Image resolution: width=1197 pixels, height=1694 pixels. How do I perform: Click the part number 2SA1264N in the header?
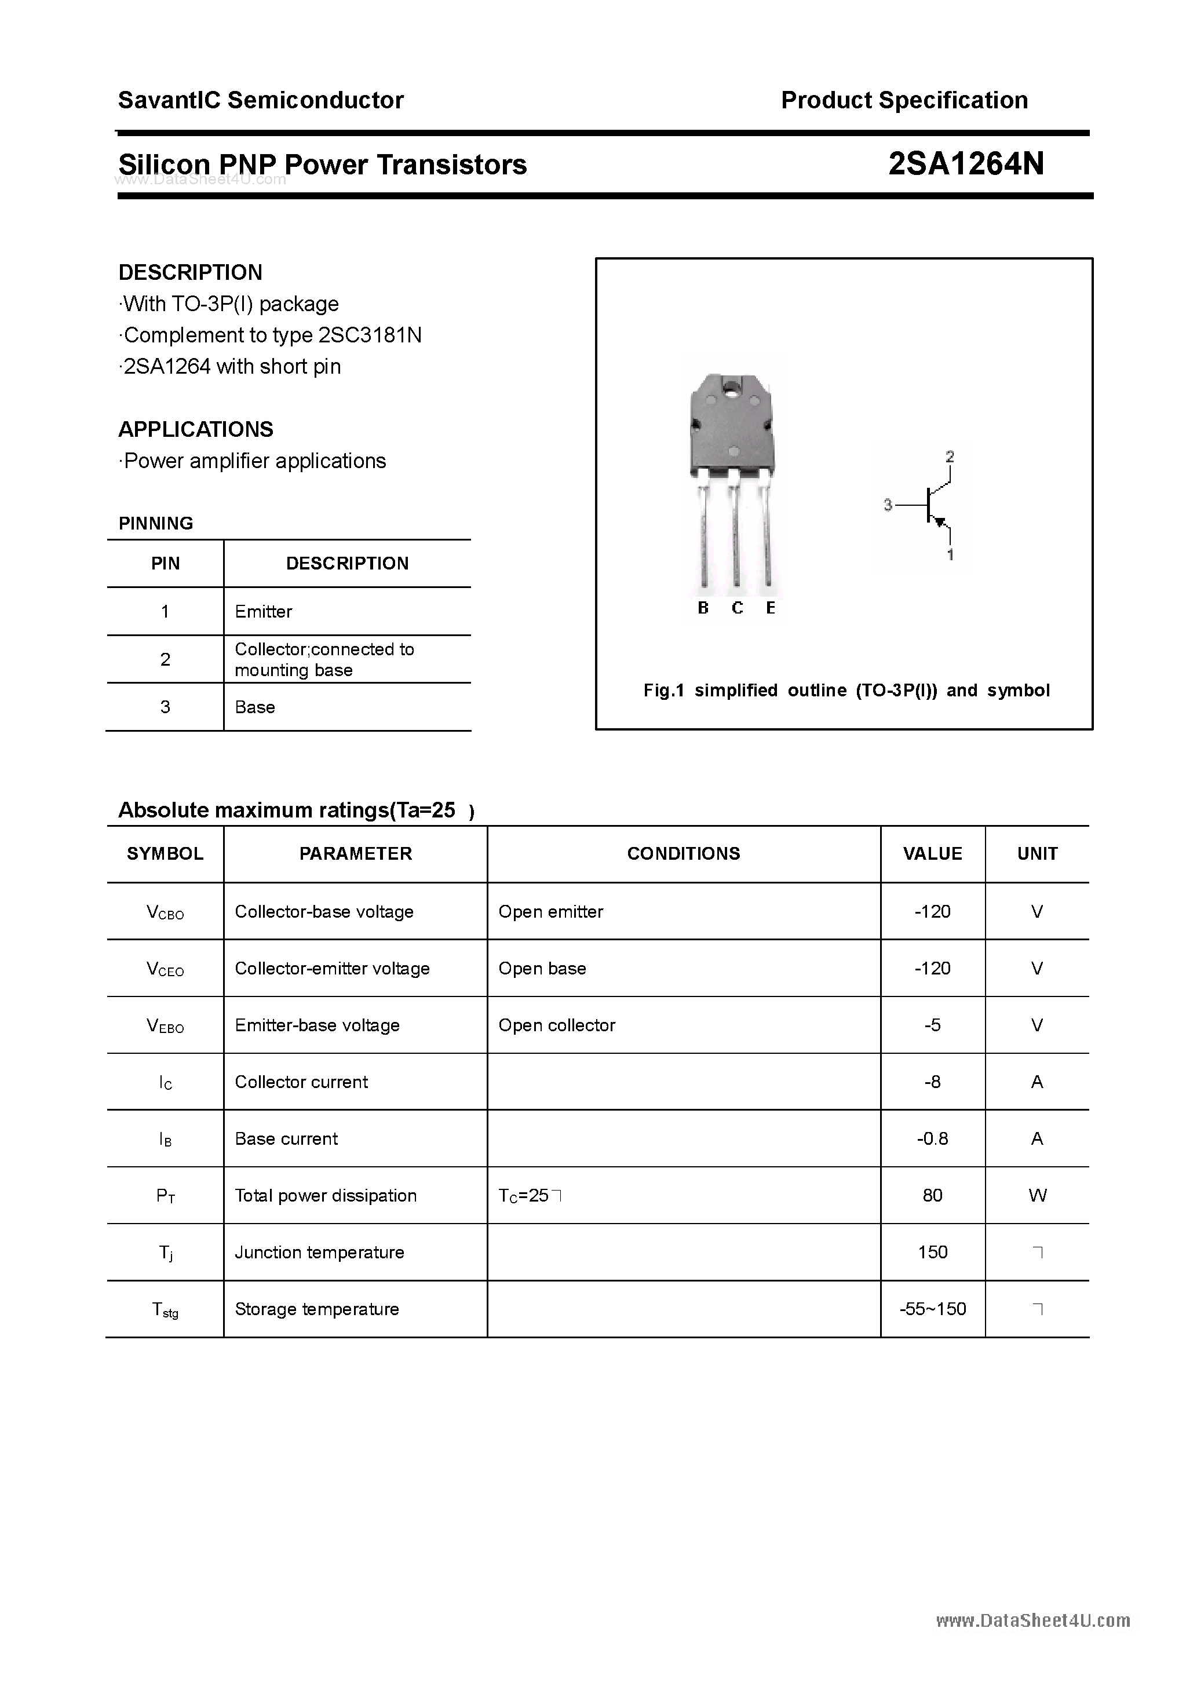(x=965, y=164)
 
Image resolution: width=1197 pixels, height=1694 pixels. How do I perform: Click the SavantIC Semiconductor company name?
(x=261, y=100)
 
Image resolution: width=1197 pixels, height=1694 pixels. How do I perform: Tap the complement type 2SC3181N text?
(x=370, y=335)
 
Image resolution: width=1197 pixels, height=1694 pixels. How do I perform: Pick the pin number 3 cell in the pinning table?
(x=165, y=707)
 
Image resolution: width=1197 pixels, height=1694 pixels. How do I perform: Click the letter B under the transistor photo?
(x=703, y=608)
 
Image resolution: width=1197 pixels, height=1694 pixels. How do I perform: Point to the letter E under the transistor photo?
(x=771, y=608)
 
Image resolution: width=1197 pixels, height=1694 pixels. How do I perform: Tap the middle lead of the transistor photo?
(x=735, y=539)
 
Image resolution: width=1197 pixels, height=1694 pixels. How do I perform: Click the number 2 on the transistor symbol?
(x=950, y=457)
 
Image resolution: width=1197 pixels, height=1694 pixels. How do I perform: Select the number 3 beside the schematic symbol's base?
(x=888, y=505)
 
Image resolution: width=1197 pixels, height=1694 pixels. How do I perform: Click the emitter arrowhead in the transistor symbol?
(x=940, y=523)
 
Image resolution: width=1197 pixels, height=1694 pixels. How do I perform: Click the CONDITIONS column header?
(x=683, y=853)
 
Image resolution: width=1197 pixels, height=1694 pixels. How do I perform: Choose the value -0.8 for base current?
(x=932, y=1138)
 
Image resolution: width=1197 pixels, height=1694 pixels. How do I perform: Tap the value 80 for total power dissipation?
(x=932, y=1195)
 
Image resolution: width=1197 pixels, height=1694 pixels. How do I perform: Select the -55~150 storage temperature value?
(x=932, y=1309)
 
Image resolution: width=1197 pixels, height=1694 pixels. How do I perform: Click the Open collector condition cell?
(x=556, y=1025)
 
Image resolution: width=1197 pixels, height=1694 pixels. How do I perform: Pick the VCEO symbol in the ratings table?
(x=165, y=969)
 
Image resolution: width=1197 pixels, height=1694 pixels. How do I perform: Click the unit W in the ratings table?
(x=1037, y=1195)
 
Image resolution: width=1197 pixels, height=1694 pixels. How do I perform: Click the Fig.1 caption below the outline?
(x=846, y=691)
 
